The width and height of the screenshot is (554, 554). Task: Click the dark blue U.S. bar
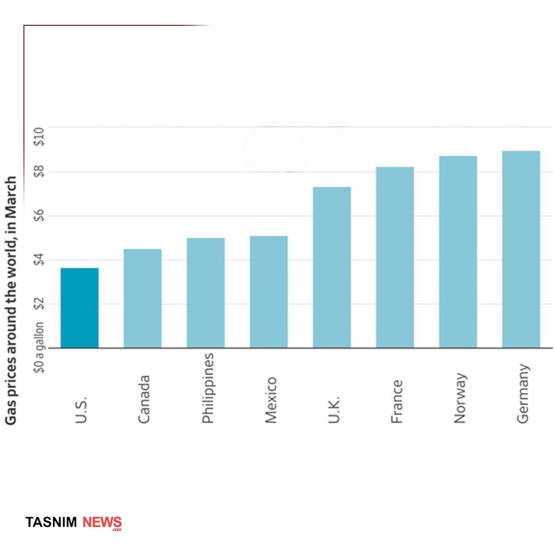pyautogui.click(x=80, y=308)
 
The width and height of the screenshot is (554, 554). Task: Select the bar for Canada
pyautogui.click(x=143, y=298)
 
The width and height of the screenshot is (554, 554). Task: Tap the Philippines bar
pyautogui.click(x=205, y=293)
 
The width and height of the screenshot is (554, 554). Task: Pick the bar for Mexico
pyautogui.click(x=269, y=292)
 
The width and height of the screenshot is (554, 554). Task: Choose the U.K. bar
pyautogui.click(x=332, y=267)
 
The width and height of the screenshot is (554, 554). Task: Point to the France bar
pyautogui.click(x=395, y=257)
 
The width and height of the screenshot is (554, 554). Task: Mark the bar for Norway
pyautogui.click(x=458, y=252)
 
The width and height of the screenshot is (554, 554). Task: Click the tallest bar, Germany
pyautogui.click(x=521, y=249)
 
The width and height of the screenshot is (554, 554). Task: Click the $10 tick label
pyautogui.click(x=40, y=137)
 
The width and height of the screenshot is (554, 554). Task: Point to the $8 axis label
pyautogui.click(x=40, y=172)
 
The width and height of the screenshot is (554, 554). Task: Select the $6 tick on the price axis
pyautogui.click(x=40, y=216)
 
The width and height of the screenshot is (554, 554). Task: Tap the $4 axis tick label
pyautogui.click(x=40, y=260)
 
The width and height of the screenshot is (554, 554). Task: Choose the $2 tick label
pyautogui.click(x=40, y=304)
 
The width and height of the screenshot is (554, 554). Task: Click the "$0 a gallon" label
pyautogui.click(x=40, y=347)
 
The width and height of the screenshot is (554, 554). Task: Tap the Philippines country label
pyautogui.click(x=207, y=388)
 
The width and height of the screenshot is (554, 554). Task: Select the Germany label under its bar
pyautogui.click(x=523, y=394)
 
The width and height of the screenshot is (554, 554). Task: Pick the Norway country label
pyautogui.click(x=460, y=398)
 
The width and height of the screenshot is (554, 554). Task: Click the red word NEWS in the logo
pyautogui.click(x=102, y=522)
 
